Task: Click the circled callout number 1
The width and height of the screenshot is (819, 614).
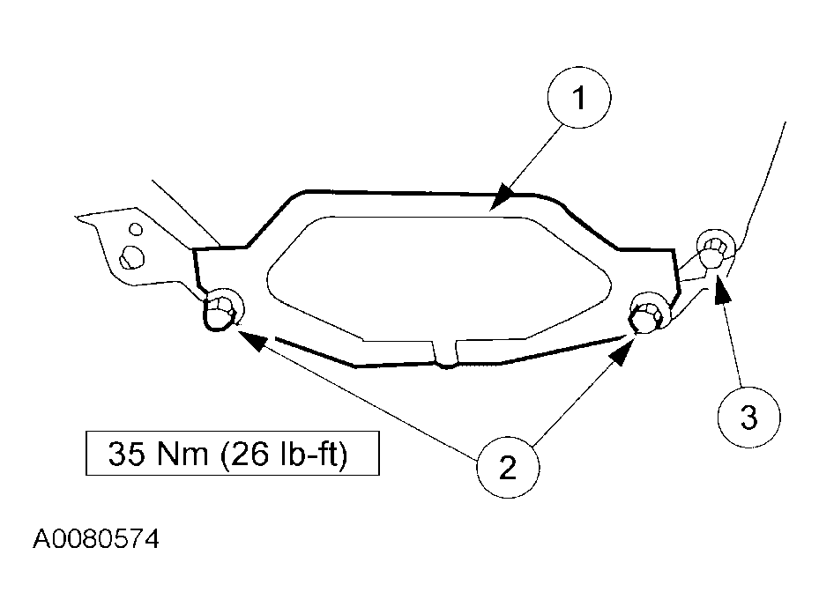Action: pyautogui.click(x=578, y=97)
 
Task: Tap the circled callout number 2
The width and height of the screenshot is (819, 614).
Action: pyautogui.click(x=508, y=467)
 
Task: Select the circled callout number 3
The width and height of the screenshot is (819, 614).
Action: pyautogui.click(x=748, y=417)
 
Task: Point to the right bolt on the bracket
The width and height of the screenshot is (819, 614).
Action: pyautogui.click(x=649, y=312)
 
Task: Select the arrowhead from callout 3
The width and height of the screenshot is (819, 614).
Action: pyautogui.click(x=722, y=289)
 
